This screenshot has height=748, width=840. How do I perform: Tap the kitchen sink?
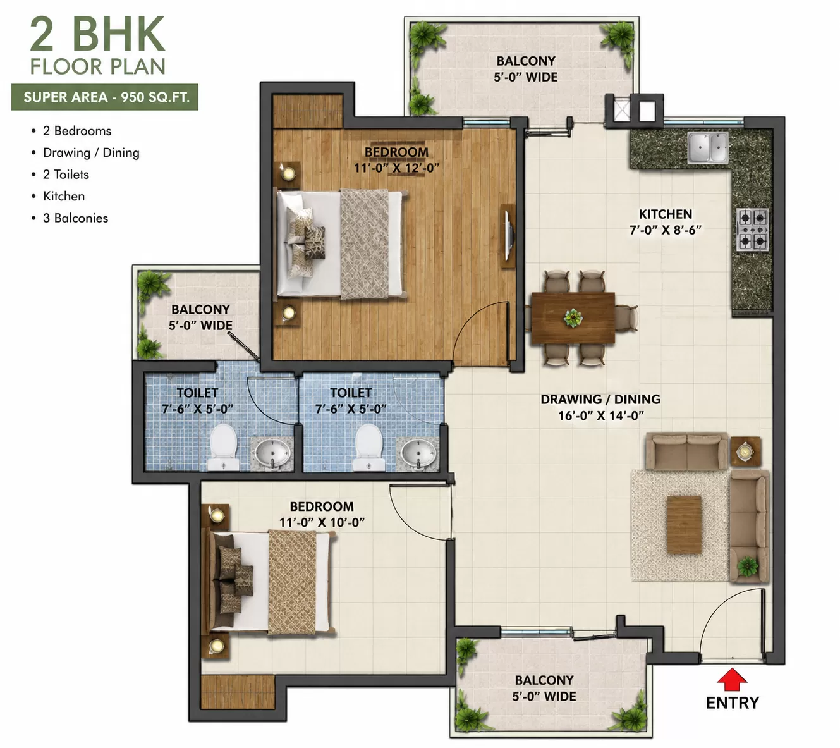708,147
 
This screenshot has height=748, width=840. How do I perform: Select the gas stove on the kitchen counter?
752,230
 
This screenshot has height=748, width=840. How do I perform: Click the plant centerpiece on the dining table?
573,318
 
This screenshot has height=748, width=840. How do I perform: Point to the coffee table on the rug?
684,525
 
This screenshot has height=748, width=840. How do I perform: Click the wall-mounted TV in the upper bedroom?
508,236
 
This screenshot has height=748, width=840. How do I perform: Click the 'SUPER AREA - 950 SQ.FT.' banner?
104,97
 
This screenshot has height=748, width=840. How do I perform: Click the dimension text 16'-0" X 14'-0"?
601,415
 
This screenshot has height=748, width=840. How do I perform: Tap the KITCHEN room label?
665,214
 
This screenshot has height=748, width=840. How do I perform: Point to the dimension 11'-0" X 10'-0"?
321,522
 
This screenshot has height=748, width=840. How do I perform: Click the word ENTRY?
732,702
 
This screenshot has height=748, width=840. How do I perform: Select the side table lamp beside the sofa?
745,451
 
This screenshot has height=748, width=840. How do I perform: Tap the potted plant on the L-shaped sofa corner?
748,566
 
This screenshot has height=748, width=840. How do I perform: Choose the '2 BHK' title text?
98,34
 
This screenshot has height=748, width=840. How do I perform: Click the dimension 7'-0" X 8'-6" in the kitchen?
665,230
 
